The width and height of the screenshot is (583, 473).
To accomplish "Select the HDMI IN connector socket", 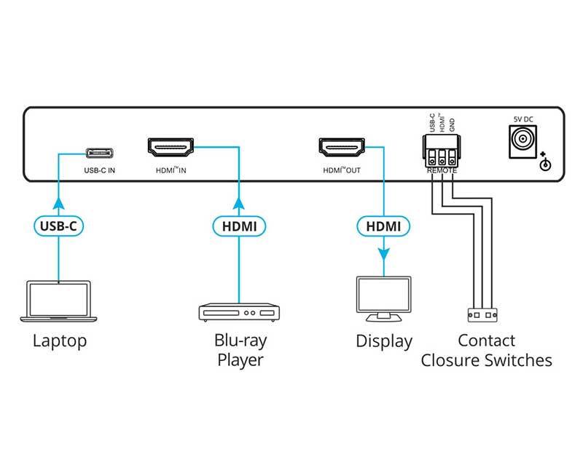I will [171, 148].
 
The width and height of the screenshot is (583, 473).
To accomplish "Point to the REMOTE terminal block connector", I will [442, 152].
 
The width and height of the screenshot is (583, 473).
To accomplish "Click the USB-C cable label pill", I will [58, 226].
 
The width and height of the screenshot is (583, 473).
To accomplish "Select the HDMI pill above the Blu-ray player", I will [238, 226].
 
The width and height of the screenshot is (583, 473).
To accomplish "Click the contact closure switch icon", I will [482, 315].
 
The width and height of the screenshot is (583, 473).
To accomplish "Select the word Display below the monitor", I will [384, 341].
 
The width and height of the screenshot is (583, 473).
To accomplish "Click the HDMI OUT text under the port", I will [342, 172].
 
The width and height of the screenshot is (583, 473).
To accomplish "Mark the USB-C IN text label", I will [101, 172].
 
